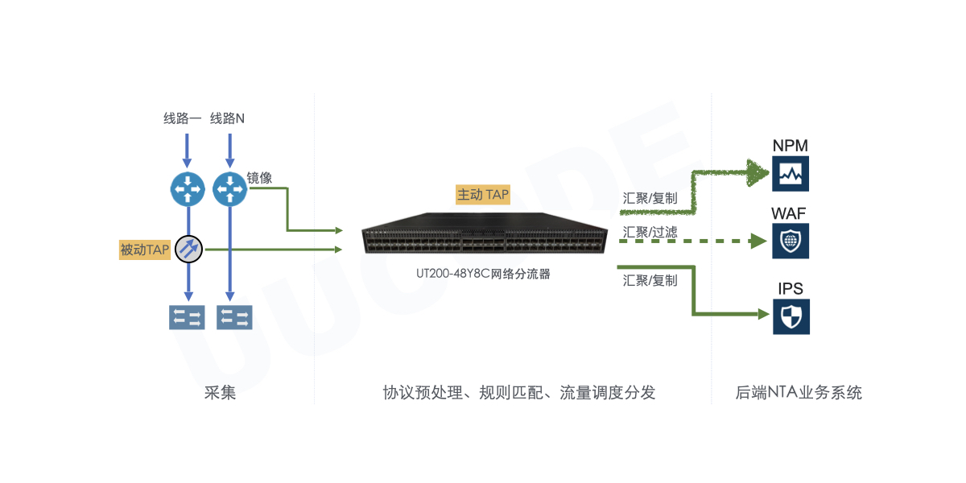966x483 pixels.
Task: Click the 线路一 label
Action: pos(183,119)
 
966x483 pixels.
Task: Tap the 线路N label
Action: pos(228,119)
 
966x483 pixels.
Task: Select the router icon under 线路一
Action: pos(188,188)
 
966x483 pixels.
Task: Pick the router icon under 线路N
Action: pos(230,188)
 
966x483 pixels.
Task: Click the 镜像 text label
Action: pos(259,178)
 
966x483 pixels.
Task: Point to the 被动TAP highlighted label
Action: pos(145,250)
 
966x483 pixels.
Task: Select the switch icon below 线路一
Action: pos(188,316)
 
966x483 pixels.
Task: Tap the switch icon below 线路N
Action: pos(234,316)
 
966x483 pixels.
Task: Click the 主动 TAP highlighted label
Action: pos(483,194)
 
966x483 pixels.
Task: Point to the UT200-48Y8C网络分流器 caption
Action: pos(483,274)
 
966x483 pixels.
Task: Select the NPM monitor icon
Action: pos(791,173)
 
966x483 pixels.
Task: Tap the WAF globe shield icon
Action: pos(791,241)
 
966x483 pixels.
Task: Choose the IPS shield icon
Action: pos(791,316)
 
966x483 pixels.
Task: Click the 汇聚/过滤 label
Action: pos(650,232)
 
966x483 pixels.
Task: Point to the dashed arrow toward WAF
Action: pos(692,241)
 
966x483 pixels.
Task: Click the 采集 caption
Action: pos(220,393)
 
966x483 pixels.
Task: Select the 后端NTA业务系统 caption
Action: pos(799,393)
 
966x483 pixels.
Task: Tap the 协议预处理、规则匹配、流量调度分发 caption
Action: pos(519,393)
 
